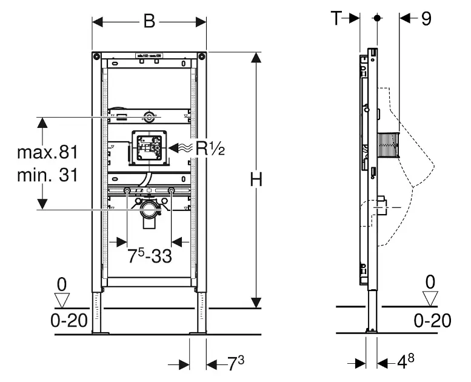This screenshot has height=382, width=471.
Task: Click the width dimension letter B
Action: click(149, 21)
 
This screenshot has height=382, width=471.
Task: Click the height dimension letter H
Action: click(257, 179)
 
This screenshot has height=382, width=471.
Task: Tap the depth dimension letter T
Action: click(337, 18)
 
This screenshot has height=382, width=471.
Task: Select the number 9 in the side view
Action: click(426, 19)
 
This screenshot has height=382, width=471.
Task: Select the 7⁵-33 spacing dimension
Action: click(149, 255)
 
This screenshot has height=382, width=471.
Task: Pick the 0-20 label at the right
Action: click(433, 320)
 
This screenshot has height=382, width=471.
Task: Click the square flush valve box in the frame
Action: click(148, 148)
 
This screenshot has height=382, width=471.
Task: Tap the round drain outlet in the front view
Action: click(149, 212)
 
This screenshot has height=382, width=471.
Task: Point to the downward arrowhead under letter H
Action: click(257, 301)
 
